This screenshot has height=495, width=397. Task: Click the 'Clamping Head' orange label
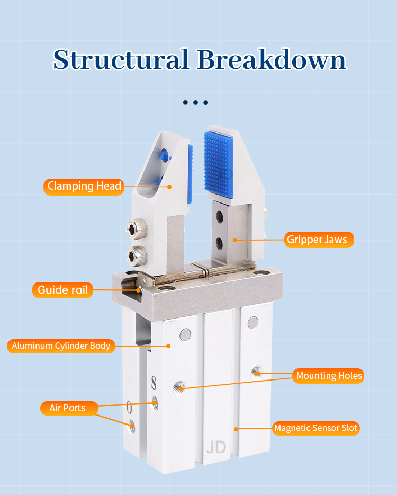click(x=84, y=187)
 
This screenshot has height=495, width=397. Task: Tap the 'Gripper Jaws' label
click(x=319, y=240)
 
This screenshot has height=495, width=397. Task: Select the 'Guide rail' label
click(x=63, y=290)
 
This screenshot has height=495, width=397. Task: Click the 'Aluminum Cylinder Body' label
click(x=61, y=346)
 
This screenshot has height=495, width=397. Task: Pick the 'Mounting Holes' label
click(x=328, y=376)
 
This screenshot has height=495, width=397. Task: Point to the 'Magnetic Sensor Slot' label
click(x=315, y=428)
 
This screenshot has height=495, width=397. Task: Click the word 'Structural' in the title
click(x=121, y=60)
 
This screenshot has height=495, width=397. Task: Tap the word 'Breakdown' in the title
click(x=272, y=60)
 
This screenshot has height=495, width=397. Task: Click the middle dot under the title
click(x=195, y=103)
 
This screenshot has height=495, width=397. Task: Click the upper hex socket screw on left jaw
click(x=136, y=228)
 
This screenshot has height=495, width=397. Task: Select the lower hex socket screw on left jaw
click(x=136, y=255)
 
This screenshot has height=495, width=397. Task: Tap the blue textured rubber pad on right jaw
click(x=219, y=165)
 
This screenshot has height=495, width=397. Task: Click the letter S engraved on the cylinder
click(x=154, y=383)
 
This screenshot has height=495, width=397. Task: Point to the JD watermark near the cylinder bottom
click(x=216, y=447)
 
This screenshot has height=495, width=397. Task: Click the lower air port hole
click(x=132, y=426)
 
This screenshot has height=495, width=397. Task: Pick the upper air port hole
click(x=155, y=402)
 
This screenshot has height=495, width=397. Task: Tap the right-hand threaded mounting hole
click(x=257, y=372)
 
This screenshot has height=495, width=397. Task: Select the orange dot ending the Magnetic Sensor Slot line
click(x=236, y=429)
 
